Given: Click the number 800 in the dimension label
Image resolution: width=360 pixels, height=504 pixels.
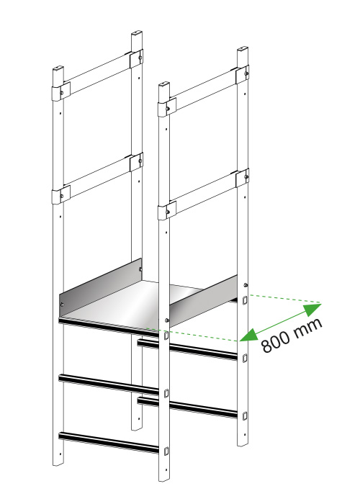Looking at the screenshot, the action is pos(276,342).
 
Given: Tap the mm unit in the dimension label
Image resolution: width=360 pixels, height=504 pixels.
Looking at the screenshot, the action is pos(308,328).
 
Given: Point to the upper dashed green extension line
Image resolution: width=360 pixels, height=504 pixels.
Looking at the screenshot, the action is pos(285,299).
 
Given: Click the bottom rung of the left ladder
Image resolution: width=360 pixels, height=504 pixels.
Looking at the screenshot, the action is pos(109,443).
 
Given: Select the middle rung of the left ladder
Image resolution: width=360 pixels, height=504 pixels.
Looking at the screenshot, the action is pos(109,384).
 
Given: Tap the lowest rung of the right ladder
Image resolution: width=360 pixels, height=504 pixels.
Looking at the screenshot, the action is pos(187,408).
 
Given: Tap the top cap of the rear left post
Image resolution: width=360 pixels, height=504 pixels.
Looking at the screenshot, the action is pos(137,33).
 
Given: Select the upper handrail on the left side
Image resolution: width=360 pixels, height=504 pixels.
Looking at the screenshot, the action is pos(97,74).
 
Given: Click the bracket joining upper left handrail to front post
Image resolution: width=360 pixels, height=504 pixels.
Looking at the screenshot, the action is pos(61,91).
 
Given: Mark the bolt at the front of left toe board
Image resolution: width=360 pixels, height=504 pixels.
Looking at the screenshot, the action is pos(62,305).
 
